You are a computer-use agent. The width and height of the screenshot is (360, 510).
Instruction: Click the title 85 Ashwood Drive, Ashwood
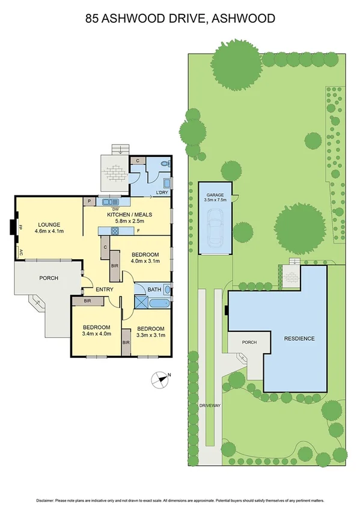[x=180, y=19]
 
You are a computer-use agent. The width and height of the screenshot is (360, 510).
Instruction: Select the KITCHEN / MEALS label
[x=129, y=215]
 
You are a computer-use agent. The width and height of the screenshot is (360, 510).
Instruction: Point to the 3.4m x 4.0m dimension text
[x=96, y=333]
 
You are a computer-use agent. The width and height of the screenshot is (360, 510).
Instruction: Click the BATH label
[x=154, y=290]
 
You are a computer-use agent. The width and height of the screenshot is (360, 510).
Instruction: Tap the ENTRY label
[x=105, y=290]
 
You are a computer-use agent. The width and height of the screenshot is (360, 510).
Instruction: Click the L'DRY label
[x=162, y=192]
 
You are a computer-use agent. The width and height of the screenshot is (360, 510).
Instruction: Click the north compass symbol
[x=159, y=378]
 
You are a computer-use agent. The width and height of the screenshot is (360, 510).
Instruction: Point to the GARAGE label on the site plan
[x=215, y=196]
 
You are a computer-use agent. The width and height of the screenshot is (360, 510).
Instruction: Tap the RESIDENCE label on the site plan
[x=299, y=339]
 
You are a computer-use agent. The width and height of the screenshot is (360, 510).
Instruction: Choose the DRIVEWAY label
[x=211, y=406]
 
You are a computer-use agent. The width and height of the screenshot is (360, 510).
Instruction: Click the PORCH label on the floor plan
[x=48, y=278]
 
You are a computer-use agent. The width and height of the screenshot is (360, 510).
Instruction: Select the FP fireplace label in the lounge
[x=20, y=228]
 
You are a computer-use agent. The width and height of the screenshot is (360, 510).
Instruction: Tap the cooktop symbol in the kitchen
[x=113, y=229]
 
